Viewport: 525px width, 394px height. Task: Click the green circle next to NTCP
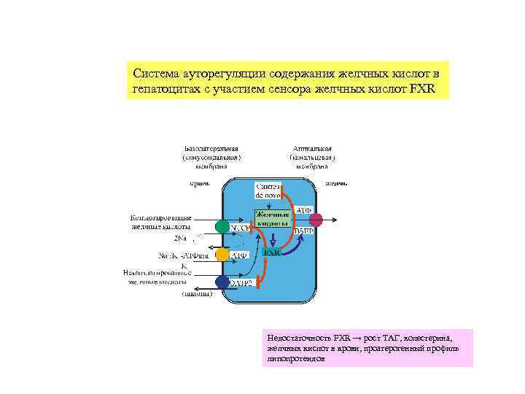222,227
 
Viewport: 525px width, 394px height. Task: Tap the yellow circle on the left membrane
222,255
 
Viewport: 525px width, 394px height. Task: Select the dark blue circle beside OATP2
222,282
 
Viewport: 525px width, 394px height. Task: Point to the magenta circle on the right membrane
316,218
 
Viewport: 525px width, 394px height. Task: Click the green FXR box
272,251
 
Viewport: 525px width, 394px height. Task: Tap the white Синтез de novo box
267,190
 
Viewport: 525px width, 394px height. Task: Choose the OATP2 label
241,282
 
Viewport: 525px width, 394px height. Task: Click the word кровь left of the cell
200,182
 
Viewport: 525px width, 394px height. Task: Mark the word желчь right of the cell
336,182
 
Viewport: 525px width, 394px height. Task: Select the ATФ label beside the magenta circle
303,210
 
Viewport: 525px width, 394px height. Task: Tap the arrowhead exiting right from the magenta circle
335,218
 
